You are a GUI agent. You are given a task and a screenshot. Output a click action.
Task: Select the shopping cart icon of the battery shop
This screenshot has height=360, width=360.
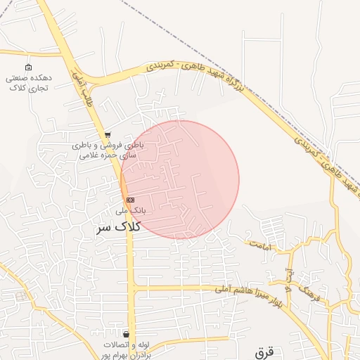(x=107, y=134)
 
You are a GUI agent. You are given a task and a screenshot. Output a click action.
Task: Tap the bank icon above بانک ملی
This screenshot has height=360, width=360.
(x=130, y=200)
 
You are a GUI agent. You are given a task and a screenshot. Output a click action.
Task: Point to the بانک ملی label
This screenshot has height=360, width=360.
(x=130, y=210)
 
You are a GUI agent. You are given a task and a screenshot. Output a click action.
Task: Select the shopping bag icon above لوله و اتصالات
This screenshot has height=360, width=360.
(x=126, y=334)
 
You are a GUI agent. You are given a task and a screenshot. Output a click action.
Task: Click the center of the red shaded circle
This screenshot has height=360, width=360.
(x=179, y=179)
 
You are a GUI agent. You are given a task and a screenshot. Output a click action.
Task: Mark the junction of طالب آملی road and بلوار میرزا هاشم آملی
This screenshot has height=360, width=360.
(x=133, y=288)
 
